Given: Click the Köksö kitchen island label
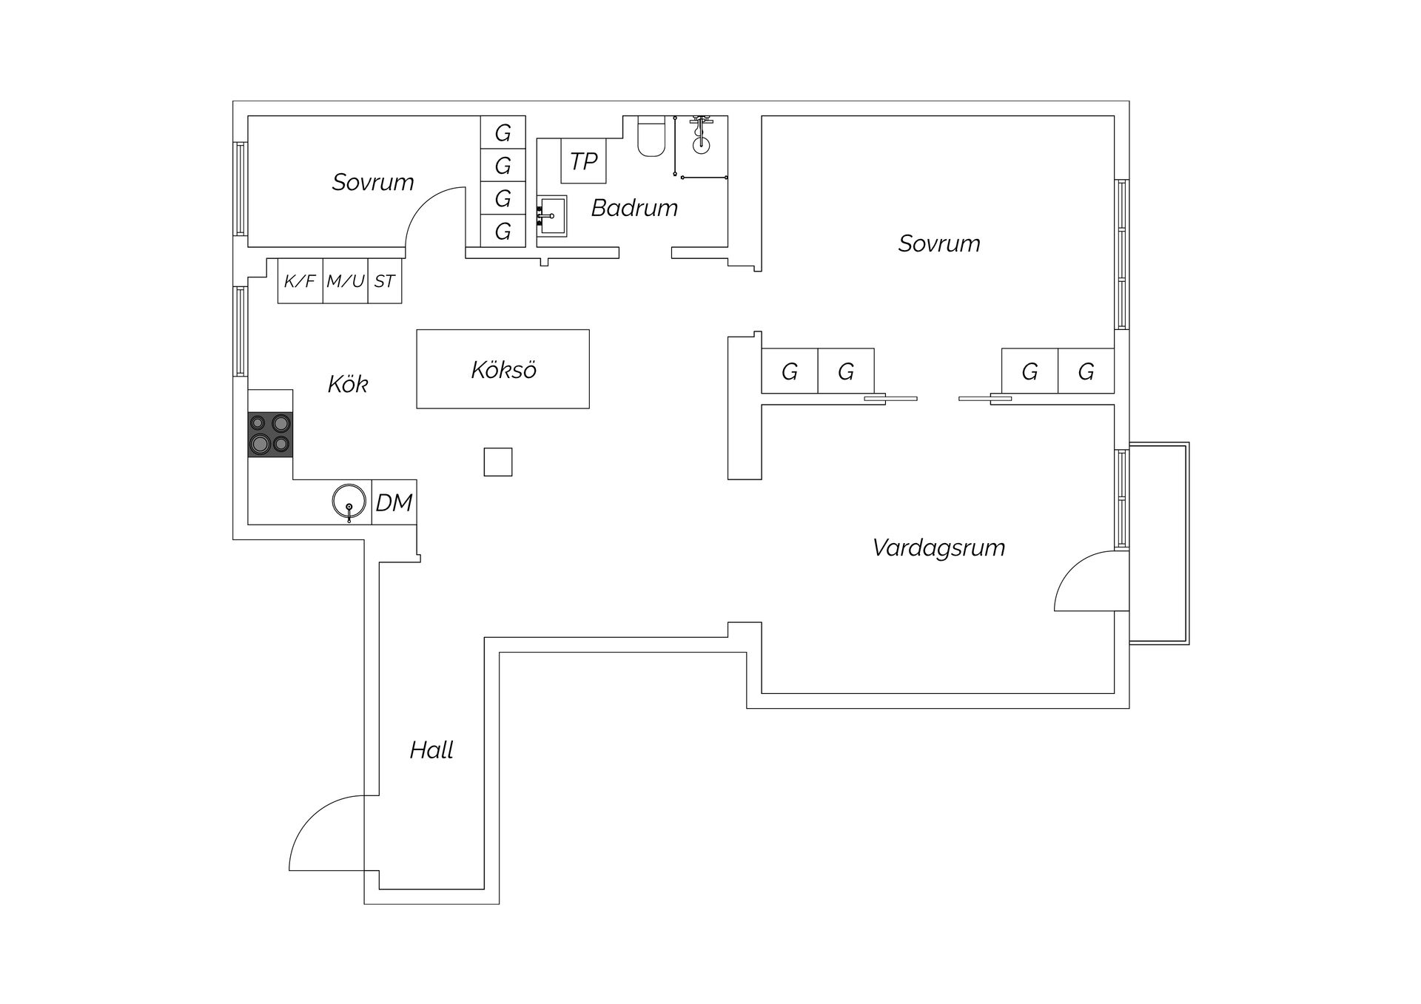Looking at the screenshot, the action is tap(503, 369).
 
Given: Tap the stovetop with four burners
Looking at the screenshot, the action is tap(270, 434).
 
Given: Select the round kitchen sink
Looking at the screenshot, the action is tap(349, 502).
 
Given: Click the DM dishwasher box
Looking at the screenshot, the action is tap(394, 502).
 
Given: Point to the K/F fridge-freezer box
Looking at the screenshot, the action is tap(300, 281).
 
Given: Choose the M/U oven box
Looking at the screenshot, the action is tap(346, 281).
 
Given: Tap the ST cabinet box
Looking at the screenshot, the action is tap(385, 281).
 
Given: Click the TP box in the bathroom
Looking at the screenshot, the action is tap(583, 161).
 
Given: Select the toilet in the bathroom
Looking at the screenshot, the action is tap(651, 136).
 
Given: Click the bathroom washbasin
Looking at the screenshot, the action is tap(551, 216).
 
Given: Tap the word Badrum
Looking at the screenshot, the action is tap(634, 208).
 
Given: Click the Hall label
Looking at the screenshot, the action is tap(431, 750).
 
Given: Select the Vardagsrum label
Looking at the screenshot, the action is tap(938, 548).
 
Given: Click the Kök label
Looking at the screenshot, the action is tap(348, 384).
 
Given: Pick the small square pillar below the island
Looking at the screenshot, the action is tap(498, 462).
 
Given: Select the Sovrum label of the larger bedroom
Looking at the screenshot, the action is tap(939, 243).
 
